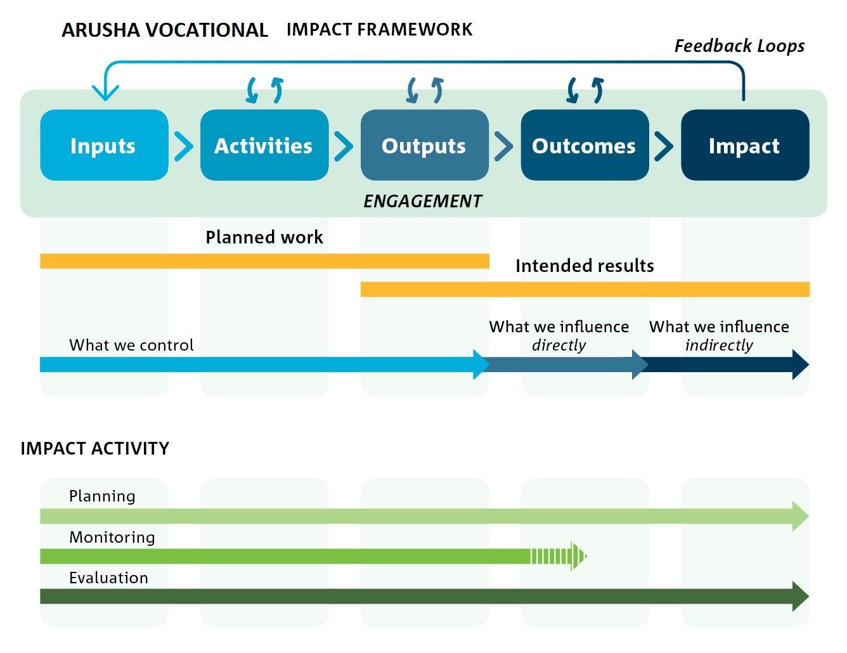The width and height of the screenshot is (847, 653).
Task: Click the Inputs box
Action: pyautogui.click(x=104, y=145)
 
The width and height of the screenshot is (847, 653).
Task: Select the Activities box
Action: pyautogui.click(x=264, y=145)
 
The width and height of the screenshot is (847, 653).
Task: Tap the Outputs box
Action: pyautogui.click(x=424, y=145)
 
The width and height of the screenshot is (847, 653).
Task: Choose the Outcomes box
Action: pyautogui.click(x=584, y=145)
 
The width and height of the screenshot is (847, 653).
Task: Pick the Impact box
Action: pyautogui.click(x=744, y=145)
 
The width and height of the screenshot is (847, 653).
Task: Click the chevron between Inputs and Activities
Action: pyautogui.click(x=184, y=146)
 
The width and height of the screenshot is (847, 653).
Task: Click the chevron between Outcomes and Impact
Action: pyautogui.click(x=664, y=146)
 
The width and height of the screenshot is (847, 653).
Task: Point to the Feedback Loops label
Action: pyautogui.click(x=739, y=46)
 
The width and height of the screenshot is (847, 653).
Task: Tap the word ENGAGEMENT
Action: pyautogui.click(x=423, y=201)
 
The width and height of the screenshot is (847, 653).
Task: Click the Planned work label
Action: pyautogui.click(x=264, y=237)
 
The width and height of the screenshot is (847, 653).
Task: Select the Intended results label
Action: pyautogui.click(x=585, y=266)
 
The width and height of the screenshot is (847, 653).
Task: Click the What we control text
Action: pyautogui.click(x=131, y=345)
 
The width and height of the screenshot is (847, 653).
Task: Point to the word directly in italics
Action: pyautogui.click(x=559, y=346)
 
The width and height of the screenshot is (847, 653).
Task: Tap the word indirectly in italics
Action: pyautogui.click(x=719, y=346)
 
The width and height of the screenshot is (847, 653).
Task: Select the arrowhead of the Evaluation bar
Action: pyautogui.click(x=800, y=596)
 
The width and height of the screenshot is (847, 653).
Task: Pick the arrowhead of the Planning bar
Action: pyautogui.click(x=800, y=515)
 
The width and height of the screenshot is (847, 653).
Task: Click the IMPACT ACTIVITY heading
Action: pyautogui.click(x=95, y=448)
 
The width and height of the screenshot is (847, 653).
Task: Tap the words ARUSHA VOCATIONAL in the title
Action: pyautogui.click(x=165, y=30)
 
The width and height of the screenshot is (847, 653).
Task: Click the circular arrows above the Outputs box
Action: pyautogui.click(x=424, y=90)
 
